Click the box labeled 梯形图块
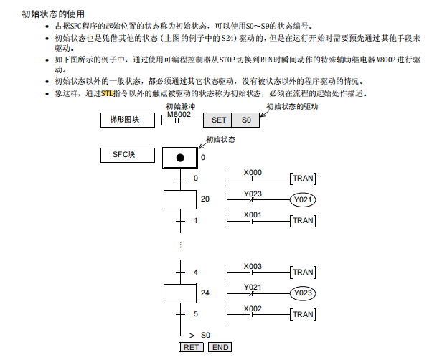[x=128, y=120]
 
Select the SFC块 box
[x=128, y=155]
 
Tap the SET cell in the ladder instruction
[x=219, y=120]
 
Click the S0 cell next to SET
[x=246, y=120]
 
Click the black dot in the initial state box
[x=180, y=157]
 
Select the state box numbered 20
[x=180, y=199]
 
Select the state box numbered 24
[x=180, y=293]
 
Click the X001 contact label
[x=253, y=214]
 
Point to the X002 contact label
[x=253, y=308]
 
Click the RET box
[x=192, y=347]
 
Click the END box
[x=220, y=347]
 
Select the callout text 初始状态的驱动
[x=291, y=106]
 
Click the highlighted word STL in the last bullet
[x=108, y=93]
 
